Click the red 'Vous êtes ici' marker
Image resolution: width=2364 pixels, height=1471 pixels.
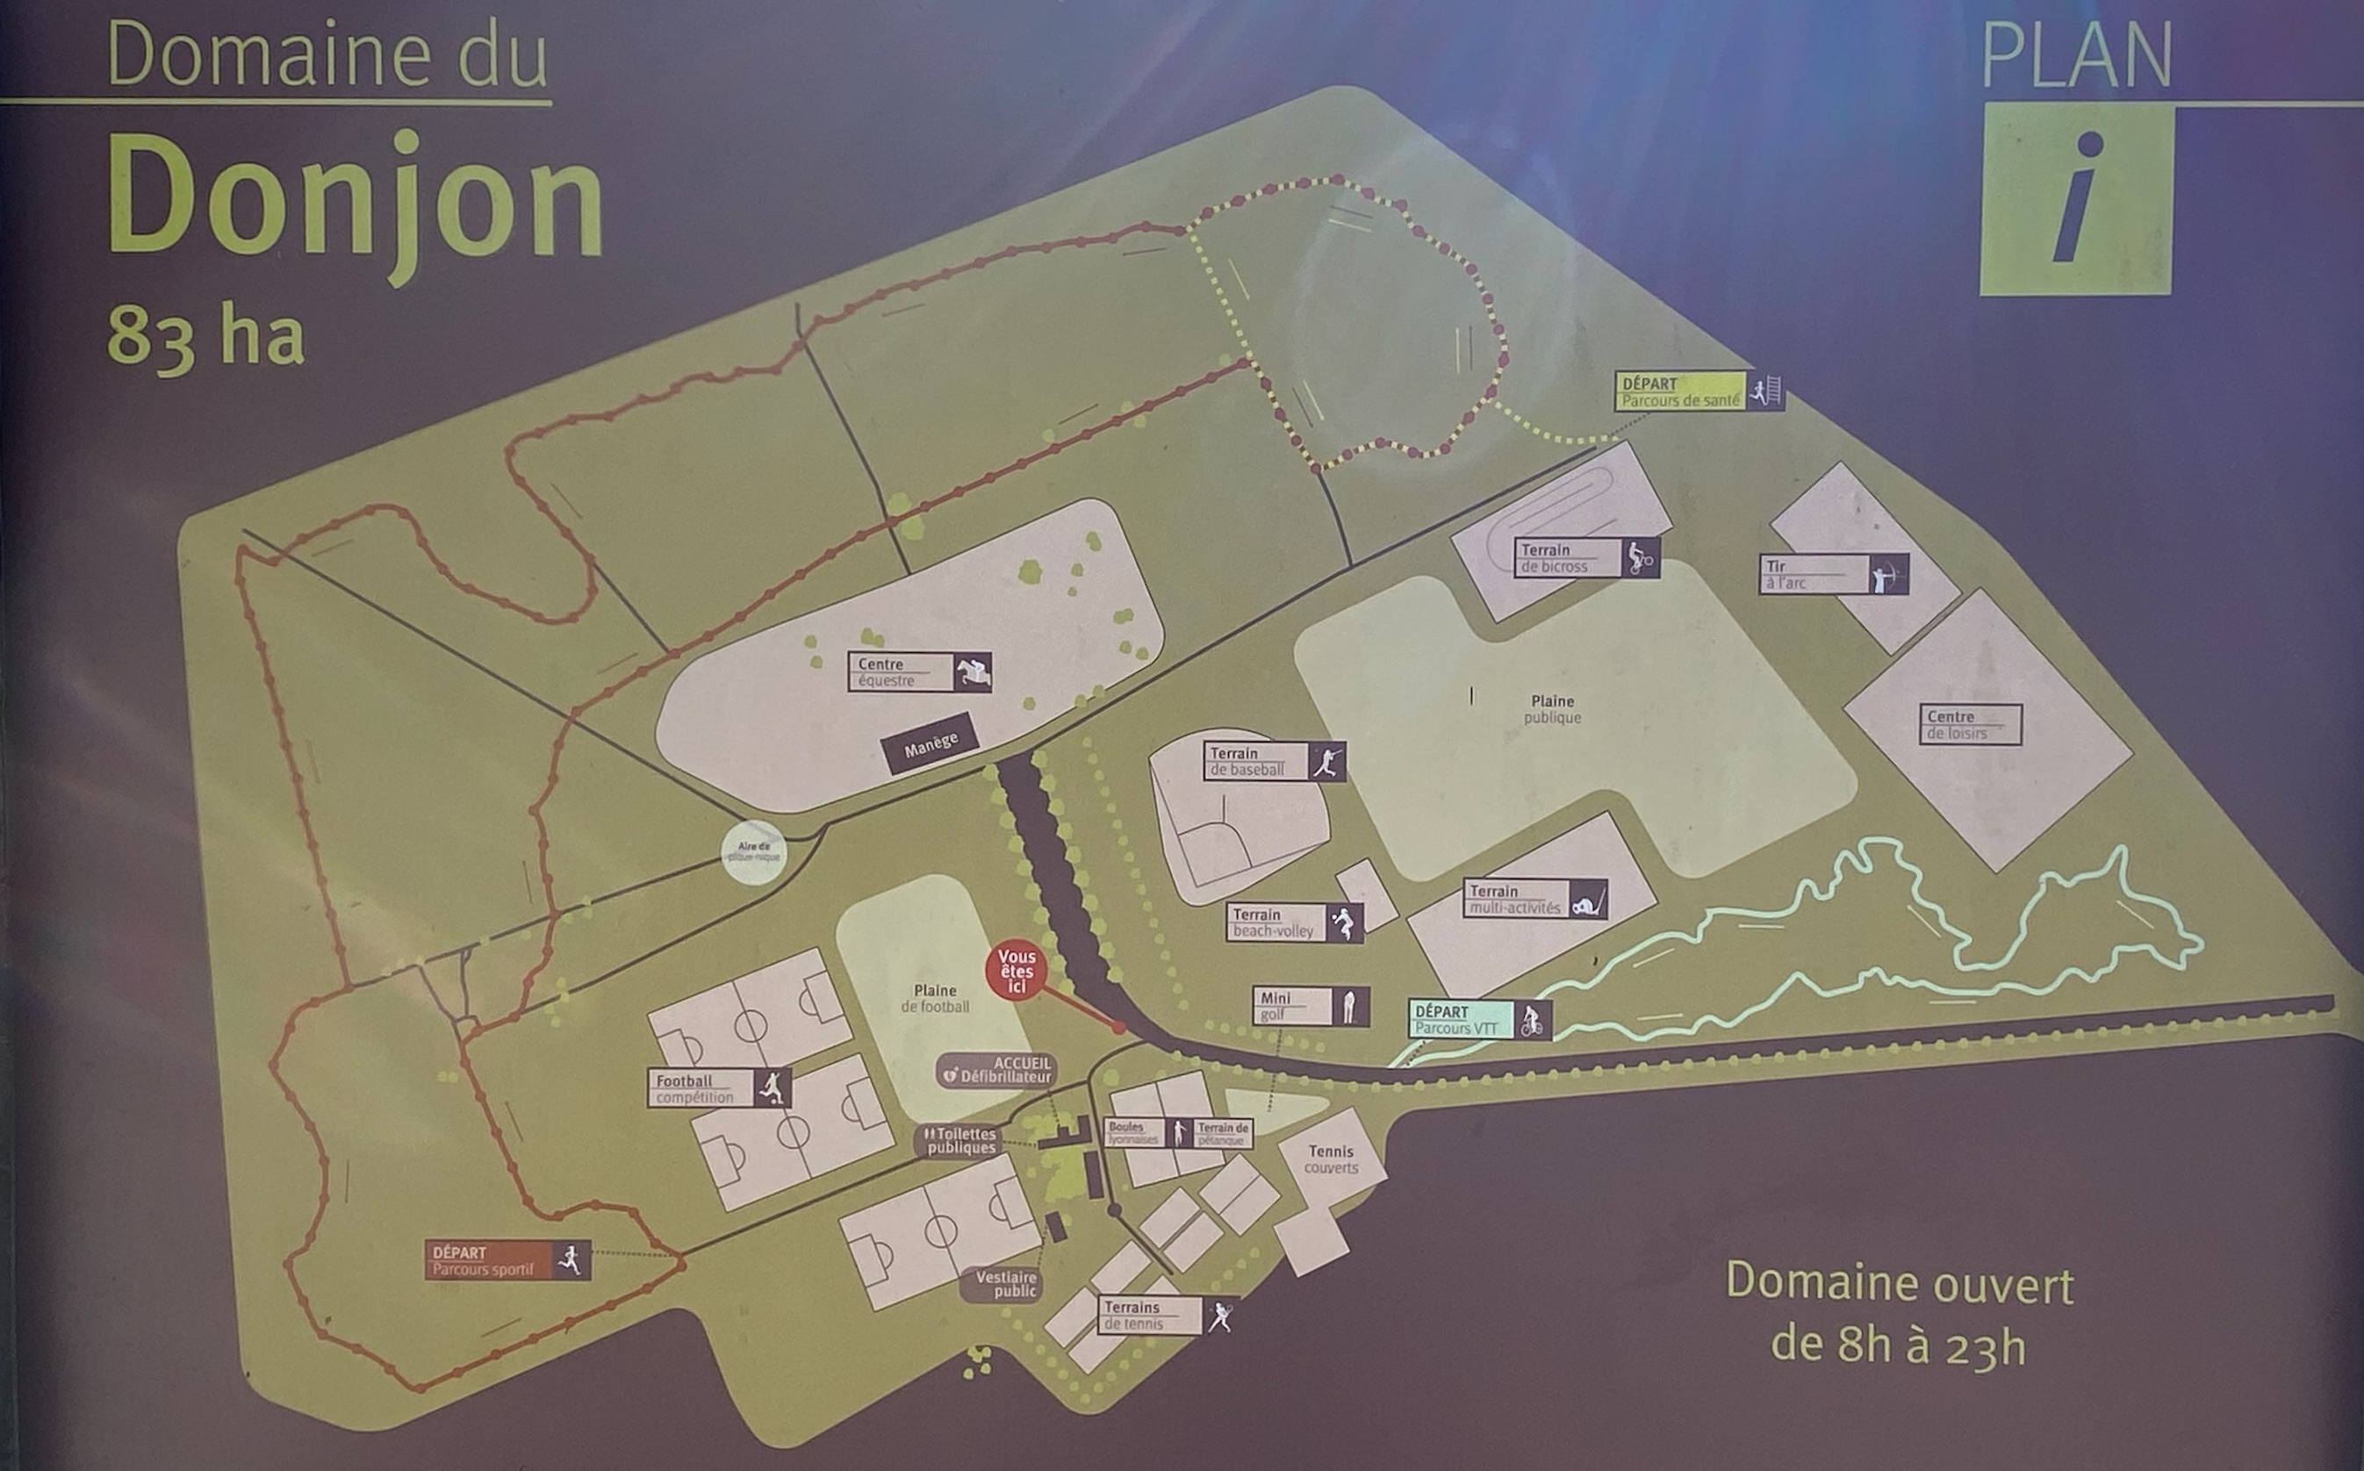pyautogui.click(x=1016, y=971)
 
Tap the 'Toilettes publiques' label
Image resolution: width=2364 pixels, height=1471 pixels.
pyautogui.click(x=960, y=1141)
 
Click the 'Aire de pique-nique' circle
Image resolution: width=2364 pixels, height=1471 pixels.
pyautogui.click(x=754, y=852)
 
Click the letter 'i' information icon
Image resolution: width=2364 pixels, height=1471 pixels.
pyautogui.click(x=2076, y=199)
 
